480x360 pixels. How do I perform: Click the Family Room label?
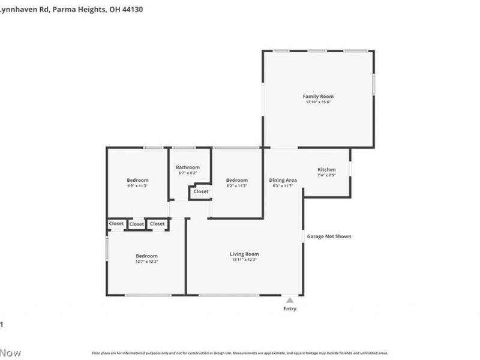pos(318,96)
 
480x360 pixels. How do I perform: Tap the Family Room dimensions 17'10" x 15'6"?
pos(318,102)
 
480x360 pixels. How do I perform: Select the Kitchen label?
pos(326,170)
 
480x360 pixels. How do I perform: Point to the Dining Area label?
pos(283,180)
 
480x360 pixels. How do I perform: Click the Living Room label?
pos(244,254)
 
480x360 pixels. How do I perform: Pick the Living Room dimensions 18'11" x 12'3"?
pos(244,260)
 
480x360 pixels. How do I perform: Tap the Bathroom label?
pos(188,167)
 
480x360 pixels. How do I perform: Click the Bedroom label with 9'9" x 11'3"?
pos(137,180)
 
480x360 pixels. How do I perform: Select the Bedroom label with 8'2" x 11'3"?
pos(236,180)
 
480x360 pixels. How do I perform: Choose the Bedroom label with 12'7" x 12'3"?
pos(146,256)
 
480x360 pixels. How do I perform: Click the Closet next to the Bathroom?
pos(201,192)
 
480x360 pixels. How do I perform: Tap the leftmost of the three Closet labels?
pos(116,224)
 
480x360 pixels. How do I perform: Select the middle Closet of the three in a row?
pos(137,224)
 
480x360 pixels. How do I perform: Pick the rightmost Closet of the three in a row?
pos(157,224)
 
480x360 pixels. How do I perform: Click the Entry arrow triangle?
pos(290,300)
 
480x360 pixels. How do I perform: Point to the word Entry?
pos(290,309)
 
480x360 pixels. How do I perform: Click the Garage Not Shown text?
pos(329,236)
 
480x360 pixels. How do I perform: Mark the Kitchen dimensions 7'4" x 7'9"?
pos(326,175)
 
